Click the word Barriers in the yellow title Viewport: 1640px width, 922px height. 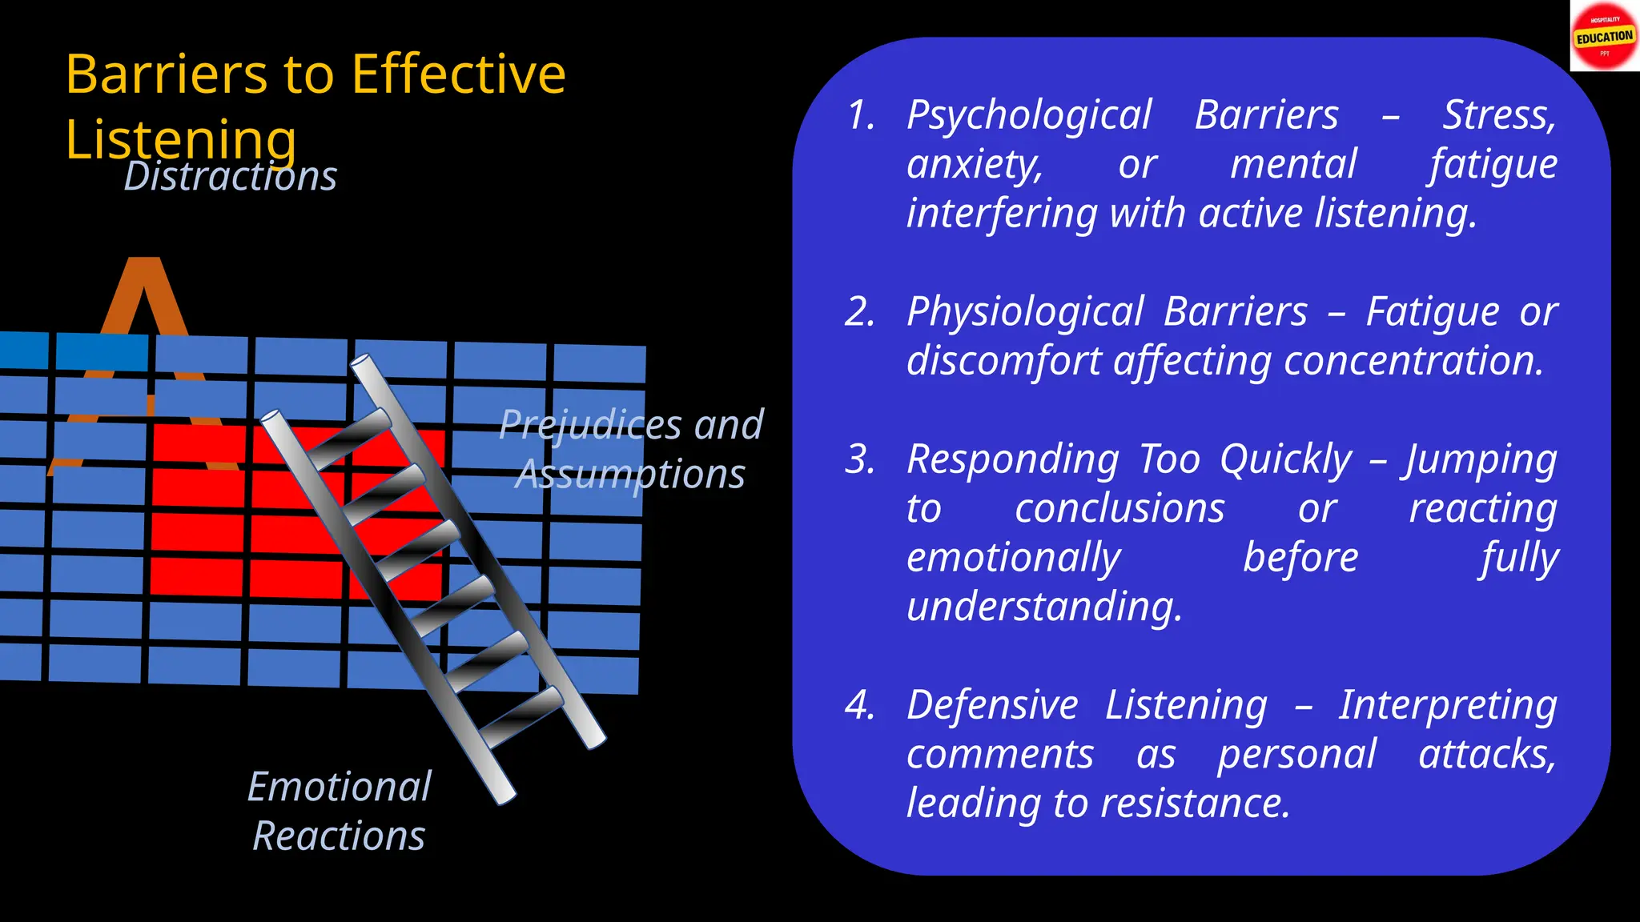coord(166,74)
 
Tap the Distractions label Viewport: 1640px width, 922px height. coord(231,177)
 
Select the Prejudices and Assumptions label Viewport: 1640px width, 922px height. coord(631,448)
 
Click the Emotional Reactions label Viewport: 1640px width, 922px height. coord(340,811)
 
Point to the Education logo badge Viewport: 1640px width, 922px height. coord(1604,37)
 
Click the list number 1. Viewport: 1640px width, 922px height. coord(861,115)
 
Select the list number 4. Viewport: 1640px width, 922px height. coord(859,705)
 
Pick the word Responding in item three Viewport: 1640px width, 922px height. coord(1012,460)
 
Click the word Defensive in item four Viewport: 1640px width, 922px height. coord(992,705)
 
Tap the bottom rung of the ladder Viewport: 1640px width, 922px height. coord(521,712)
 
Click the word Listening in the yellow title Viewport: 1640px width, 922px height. coord(181,139)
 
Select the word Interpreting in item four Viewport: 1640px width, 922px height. coord(1448,705)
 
